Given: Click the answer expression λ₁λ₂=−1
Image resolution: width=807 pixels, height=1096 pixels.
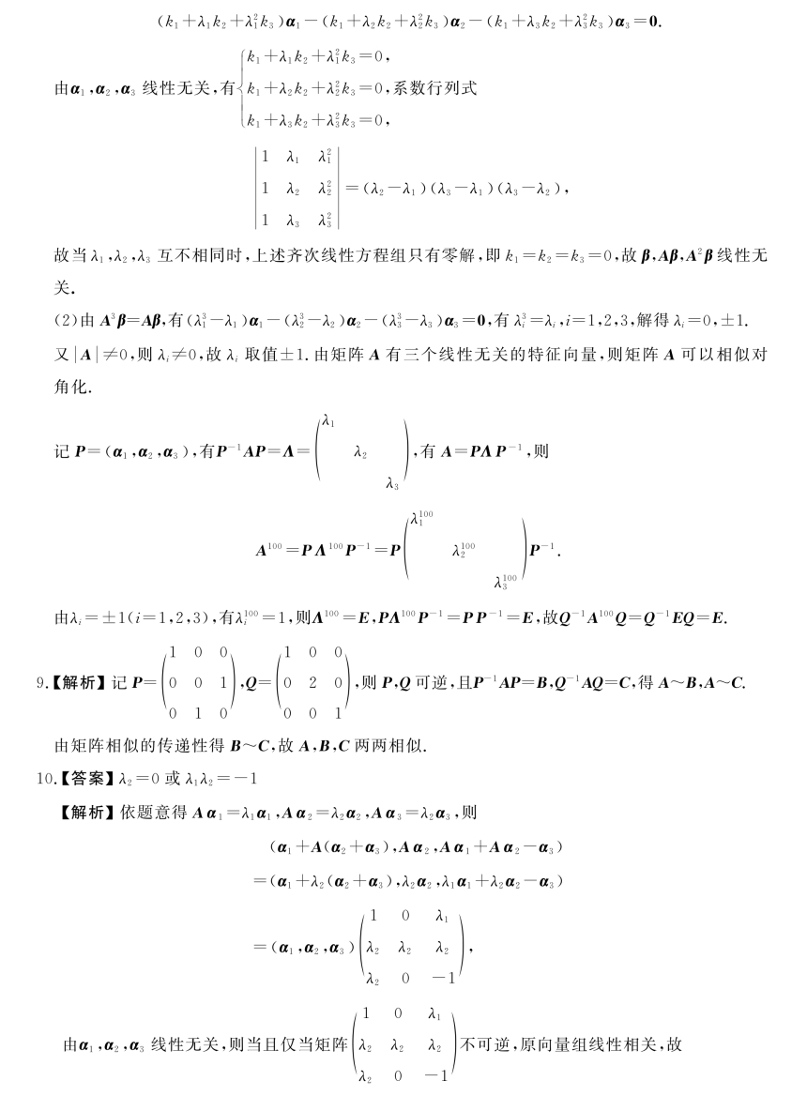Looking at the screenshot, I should coord(211,778).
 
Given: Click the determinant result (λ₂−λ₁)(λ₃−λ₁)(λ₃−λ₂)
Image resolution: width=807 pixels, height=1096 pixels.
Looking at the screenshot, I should coord(459,188).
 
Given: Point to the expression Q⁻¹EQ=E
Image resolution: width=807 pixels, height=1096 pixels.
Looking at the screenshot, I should coord(690,617).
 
